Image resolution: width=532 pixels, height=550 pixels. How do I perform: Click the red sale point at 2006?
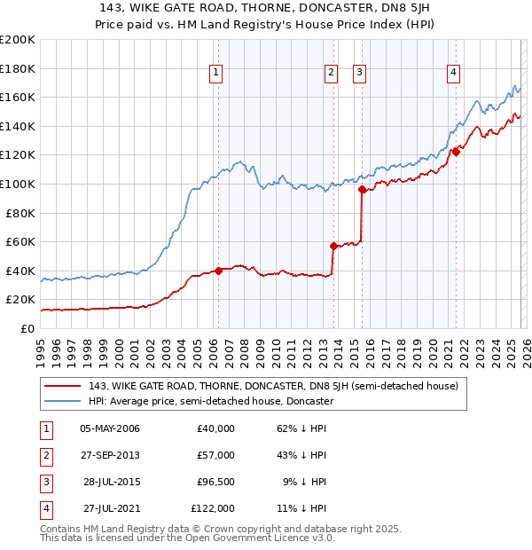pyautogui.click(x=218, y=271)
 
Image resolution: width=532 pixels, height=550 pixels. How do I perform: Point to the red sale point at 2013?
pyautogui.click(x=333, y=246)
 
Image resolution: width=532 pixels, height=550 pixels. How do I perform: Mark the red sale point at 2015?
pyautogui.click(x=362, y=189)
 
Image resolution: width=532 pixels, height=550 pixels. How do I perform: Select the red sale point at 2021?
pyautogui.click(x=456, y=152)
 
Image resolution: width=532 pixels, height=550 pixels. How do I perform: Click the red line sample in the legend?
pyautogui.click(x=64, y=386)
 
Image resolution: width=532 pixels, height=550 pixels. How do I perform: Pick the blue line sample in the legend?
pyautogui.click(x=64, y=401)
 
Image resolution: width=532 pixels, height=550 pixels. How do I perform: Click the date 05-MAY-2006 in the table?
pyautogui.click(x=109, y=428)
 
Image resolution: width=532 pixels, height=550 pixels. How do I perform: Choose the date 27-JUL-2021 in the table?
pyautogui.click(x=109, y=508)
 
